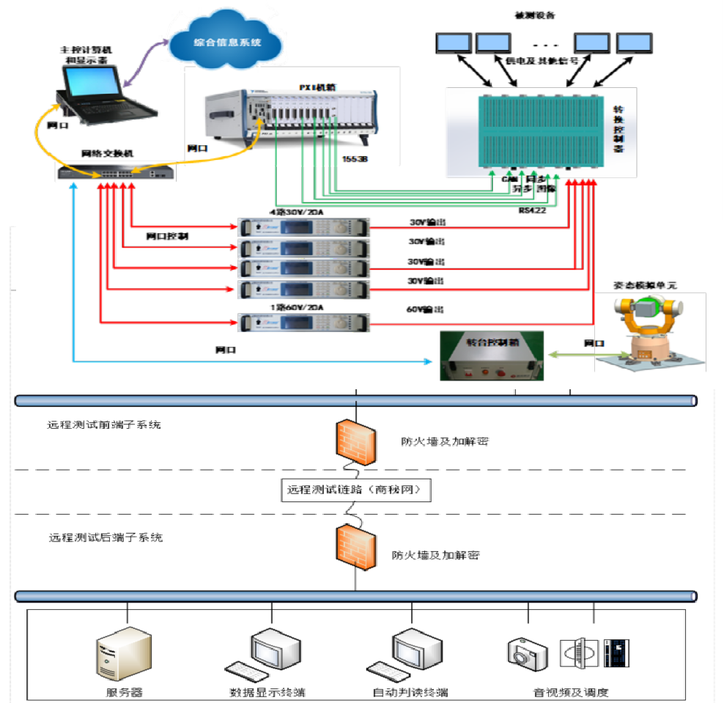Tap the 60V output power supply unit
point(304,322)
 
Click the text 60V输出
point(426,309)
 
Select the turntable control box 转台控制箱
point(492,355)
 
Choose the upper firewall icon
point(357,441)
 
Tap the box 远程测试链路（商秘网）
point(355,490)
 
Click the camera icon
point(527,652)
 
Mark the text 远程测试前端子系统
point(105,424)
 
